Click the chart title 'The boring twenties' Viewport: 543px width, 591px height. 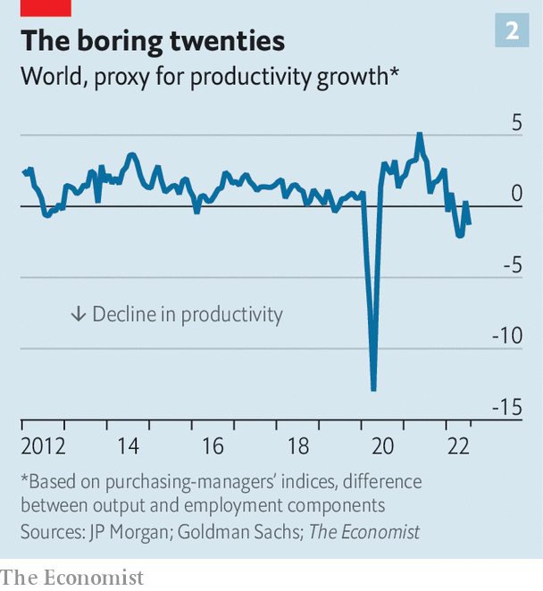pyautogui.click(x=153, y=40)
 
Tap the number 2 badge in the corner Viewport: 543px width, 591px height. pyautogui.click(x=512, y=31)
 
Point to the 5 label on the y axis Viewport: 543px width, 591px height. pyautogui.click(x=515, y=122)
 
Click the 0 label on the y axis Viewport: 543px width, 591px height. pyautogui.click(x=515, y=194)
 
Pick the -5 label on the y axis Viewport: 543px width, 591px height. pyautogui.click(x=510, y=265)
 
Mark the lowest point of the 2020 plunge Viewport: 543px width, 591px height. pyautogui.click(x=373, y=388)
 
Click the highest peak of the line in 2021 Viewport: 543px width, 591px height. pyautogui.click(x=420, y=134)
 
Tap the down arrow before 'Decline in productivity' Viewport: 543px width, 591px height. pyautogui.click(x=78, y=314)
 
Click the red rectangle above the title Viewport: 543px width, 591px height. pyautogui.click(x=46, y=7)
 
